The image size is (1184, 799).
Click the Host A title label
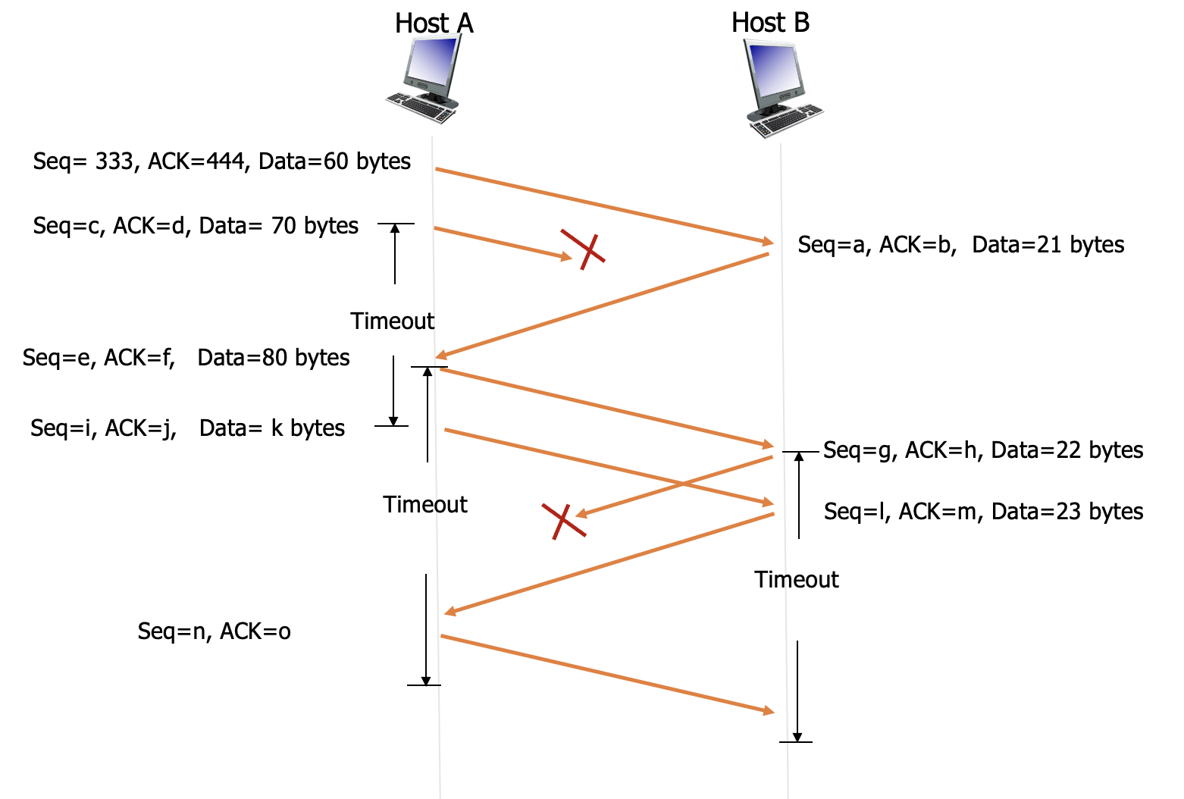click(x=434, y=23)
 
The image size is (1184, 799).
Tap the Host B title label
click(x=770, y=23)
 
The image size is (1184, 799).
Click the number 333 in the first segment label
click(x=114, y=161)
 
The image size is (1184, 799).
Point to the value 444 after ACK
click(x=226, y=161)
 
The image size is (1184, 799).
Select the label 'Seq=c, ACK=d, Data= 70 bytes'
click(x=196, y=226)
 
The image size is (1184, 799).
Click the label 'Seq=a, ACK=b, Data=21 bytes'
click(x=960, y=245)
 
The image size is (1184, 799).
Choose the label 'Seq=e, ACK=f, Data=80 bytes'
click(x=186, y=358)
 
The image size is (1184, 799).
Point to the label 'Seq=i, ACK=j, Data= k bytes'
click(x=187, y=428)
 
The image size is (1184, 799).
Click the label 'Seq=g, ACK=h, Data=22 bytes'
click(x=983, y=450)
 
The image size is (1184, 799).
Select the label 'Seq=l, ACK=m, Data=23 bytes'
click(x=983, y=512)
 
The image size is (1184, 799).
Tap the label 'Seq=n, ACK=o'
click(x=214, y=631)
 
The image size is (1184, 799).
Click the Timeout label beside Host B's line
click(x=797, y=580)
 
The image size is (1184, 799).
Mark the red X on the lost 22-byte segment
click(x=563, y=521)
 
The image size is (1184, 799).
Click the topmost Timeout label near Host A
click(x=392, y=321)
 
